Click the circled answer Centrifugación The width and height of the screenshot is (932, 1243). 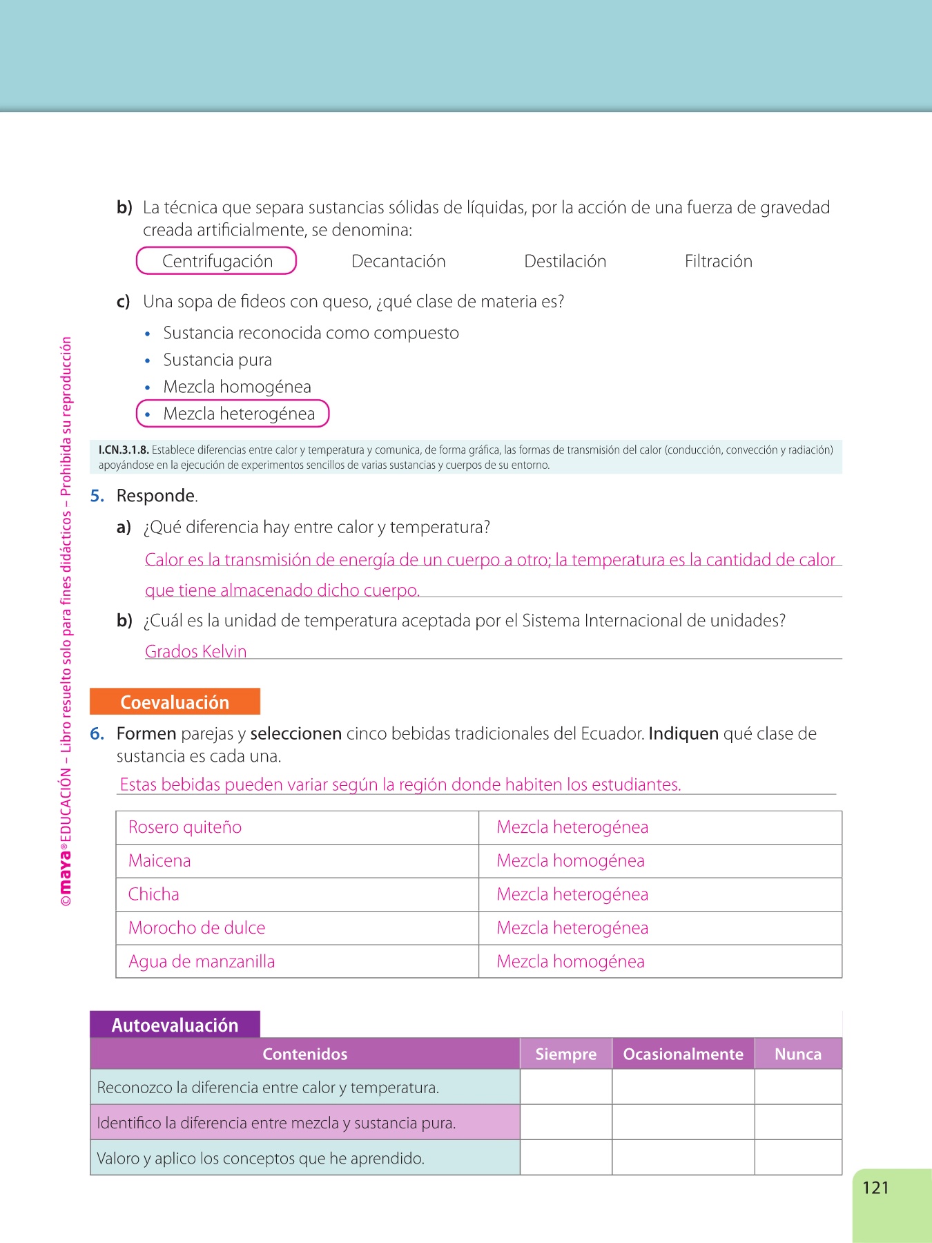[x=217, y=261]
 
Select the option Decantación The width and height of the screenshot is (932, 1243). [x=398, y=261]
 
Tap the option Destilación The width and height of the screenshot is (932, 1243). [x=565, y=261]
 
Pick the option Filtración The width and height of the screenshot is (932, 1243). [x=718, y=261]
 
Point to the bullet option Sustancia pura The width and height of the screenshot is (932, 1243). [x=217, y=360]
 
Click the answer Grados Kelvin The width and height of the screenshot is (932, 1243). [x=195, y=651]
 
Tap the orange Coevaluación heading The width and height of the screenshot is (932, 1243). [x=175, y=702]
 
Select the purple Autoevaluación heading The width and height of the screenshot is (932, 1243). [x=175, y=1025]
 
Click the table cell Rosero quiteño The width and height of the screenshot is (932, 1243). [x=185, y=827]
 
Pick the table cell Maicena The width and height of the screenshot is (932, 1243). [x=159, y=861]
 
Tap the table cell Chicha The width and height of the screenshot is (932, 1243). [x=154, y=894]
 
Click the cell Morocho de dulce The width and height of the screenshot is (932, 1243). [x=197, y=928]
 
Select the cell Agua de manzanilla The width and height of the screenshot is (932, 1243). [x=202, y=961]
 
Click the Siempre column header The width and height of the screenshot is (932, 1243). [x=565, y=1054]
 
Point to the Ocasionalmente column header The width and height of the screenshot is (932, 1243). [x=683, y=1054]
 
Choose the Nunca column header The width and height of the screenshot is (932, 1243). [x=797, y=1054]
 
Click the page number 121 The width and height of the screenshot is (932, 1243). [x=875, y=1188]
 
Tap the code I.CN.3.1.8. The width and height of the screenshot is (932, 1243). [x=124, y=450]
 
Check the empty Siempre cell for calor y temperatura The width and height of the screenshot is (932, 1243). [x=565, y=1088]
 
